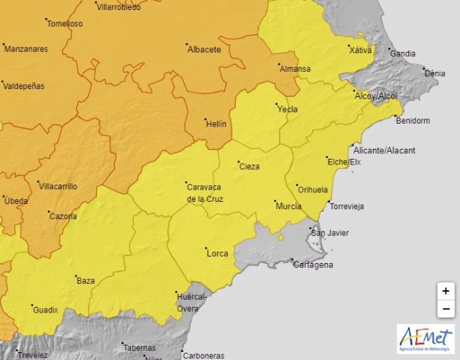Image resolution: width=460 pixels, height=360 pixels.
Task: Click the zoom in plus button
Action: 446,291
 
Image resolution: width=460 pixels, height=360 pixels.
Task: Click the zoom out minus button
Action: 446,309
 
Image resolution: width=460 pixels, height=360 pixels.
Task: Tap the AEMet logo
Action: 425,339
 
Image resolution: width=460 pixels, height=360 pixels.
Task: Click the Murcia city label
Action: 287,206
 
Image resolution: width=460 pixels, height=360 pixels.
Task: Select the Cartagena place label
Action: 313,265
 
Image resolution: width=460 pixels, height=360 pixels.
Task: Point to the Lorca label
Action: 217,253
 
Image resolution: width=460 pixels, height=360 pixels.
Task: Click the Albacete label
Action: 203,49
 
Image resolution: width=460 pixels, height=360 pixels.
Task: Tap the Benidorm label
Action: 411,121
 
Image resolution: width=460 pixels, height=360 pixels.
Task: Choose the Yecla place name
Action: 287,109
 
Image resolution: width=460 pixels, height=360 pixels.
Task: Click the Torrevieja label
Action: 346,206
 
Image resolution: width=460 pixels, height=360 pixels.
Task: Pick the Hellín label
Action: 216,124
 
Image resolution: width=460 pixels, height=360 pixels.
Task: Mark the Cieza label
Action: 249,167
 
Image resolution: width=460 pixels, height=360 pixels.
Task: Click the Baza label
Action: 86,280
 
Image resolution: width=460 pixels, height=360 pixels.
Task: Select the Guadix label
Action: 45,310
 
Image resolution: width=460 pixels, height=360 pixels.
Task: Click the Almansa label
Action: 295,69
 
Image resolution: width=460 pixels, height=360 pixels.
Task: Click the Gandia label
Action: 402,53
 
